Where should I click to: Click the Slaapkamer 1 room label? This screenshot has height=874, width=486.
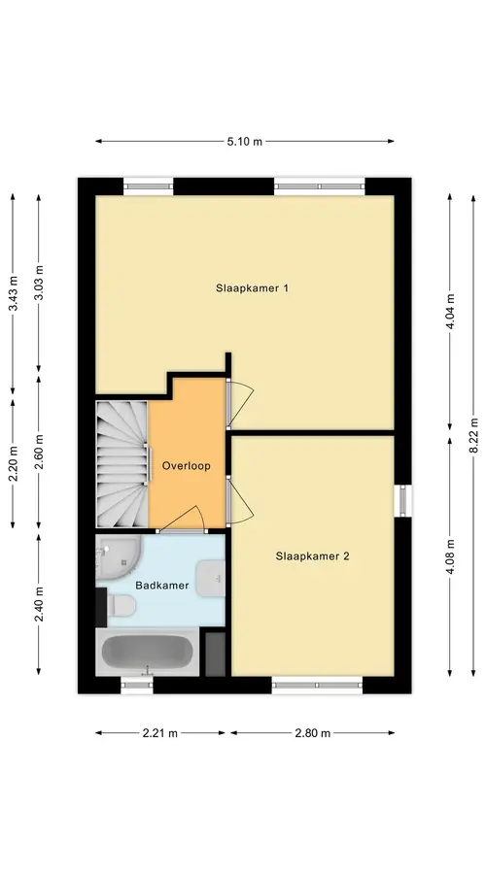click(252, 288)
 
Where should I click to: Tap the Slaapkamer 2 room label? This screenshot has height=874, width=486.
click(312, 556)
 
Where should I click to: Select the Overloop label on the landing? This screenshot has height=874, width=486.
click(187, 466)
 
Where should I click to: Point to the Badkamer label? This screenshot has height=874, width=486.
click(162, 586)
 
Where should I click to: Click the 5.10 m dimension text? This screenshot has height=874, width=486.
click(244, 142)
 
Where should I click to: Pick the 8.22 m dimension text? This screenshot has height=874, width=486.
click(473, 436)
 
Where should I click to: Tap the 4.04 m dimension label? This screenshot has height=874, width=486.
click(450, 312)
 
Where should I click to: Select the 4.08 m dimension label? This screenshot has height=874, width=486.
click(450, 555)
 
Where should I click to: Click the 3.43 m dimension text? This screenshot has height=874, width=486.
click(14, 293)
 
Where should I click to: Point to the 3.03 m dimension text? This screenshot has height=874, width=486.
click(39, 284)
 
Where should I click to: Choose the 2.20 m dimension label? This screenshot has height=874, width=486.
click(14, 464)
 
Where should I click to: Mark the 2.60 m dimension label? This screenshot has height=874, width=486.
click(39, 452)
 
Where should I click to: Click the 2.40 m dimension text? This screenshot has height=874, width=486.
click(39, 604)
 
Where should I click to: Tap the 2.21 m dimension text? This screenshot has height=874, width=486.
click(159, 733)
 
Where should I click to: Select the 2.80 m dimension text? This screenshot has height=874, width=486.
click(312, 733)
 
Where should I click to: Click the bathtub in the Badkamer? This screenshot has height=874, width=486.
click(148, 653)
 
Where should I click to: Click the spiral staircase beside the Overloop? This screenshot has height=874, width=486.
click(122, 464)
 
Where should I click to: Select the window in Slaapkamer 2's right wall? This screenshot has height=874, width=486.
click(402, 500)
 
